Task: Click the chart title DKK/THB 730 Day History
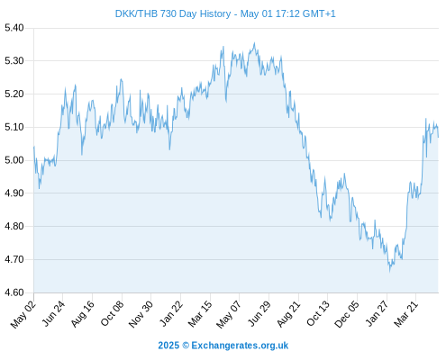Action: [173, 13]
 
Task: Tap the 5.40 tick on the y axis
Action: [14, 28]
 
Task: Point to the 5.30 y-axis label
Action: [14, 61]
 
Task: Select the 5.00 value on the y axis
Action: [14, 160]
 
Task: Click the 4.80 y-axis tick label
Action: [14, 226]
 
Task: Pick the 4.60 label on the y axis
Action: [14, 292]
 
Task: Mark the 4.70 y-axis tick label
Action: [14, 259]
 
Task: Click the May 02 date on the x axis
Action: [23, 314]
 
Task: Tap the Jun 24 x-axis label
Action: [53, 313]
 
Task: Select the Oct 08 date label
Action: [112, 314]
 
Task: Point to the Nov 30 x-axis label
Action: [141, 314]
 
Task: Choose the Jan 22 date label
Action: [171, 314]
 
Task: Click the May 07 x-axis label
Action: [229, 314]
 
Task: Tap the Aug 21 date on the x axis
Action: [288, 314]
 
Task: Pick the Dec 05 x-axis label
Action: [347, 314]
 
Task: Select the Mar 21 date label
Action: [406, 314]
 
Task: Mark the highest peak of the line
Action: [255, 43]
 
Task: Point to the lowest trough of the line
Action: [390, 272]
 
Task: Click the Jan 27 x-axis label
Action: [377, 314]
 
